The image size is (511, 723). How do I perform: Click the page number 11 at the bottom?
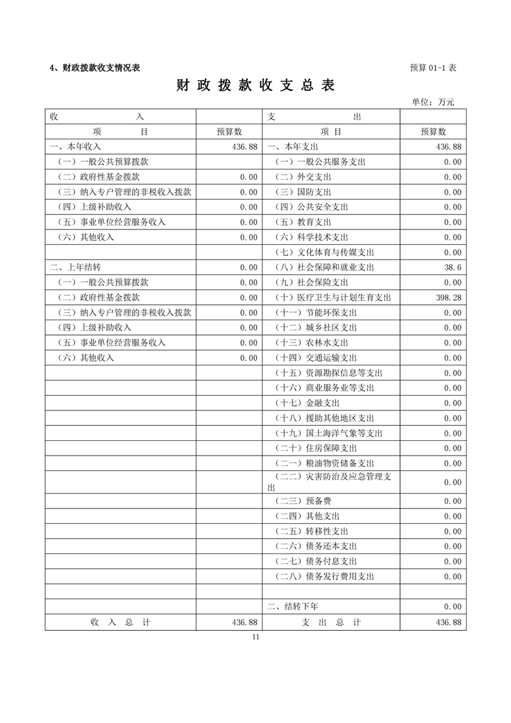(256, 637)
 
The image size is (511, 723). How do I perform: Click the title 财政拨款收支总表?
(256, 86)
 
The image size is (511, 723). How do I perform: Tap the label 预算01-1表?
(433, 68)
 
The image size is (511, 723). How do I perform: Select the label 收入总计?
(121, 622)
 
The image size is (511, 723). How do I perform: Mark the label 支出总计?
(331, 622)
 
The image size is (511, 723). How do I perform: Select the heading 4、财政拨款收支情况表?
(95, 68)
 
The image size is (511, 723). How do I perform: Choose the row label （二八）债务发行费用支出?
(325, 577)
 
